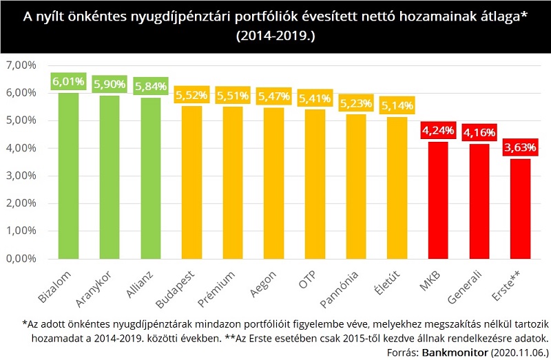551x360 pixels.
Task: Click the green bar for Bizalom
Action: [67, 176]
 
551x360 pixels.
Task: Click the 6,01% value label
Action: [67, 81]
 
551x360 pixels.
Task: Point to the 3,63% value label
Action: [521, 147]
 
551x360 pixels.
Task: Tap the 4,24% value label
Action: [438, 130]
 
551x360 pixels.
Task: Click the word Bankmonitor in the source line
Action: [445, 350]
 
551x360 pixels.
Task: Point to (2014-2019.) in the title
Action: [275, 35]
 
